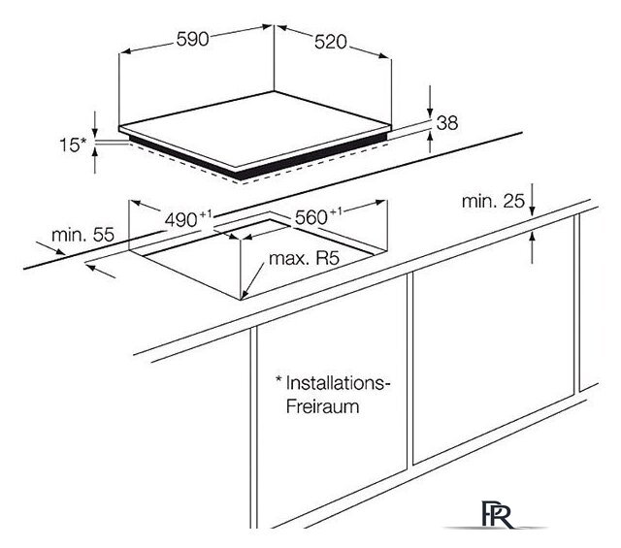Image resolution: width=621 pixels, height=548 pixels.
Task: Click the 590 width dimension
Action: [x=195, y=43]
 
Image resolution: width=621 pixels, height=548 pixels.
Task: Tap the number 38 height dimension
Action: [x=447, y=123]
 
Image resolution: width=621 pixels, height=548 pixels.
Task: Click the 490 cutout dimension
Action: [x=180, y=220]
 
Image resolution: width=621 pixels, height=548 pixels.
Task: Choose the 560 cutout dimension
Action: [x=310, y=217]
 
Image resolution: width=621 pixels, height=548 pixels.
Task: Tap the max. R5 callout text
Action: [x=300, y=261]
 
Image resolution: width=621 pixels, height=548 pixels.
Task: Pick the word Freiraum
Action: [x=322, y=407]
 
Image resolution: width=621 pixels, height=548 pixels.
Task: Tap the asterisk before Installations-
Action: [x=278, y=380]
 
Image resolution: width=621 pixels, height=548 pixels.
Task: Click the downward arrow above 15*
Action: [x=96, y=125]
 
